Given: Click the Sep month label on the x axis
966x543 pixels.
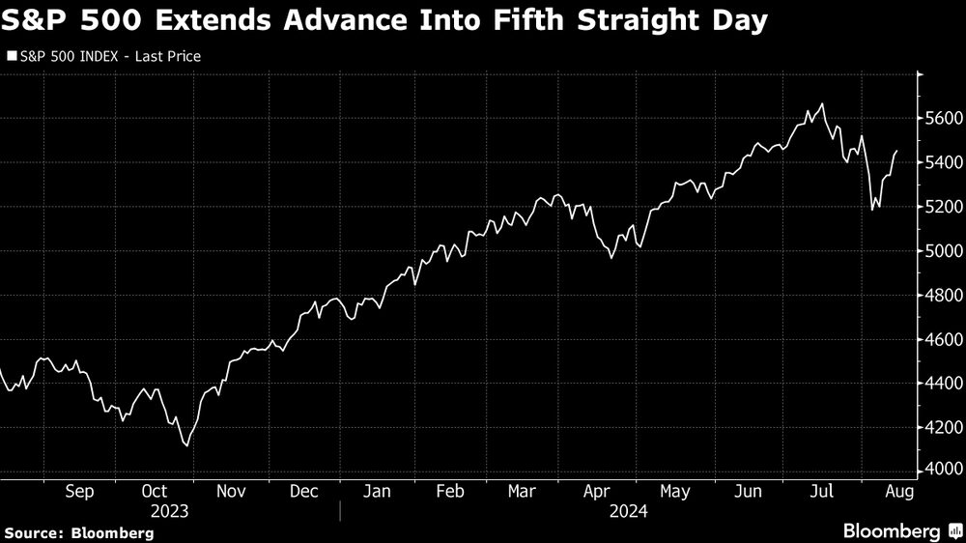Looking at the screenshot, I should (79, 492).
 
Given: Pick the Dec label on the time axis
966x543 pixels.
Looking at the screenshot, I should (303, 492).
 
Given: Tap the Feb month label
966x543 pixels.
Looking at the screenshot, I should (450, 492).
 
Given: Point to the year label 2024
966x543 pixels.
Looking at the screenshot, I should (628, 511).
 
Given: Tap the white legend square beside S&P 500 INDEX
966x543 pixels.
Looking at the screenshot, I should (12, 57).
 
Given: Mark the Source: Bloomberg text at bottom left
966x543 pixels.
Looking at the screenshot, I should (79, 532).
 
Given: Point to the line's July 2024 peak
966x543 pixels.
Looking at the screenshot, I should (822, 104).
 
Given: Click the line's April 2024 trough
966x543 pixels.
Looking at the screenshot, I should (611, 257).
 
